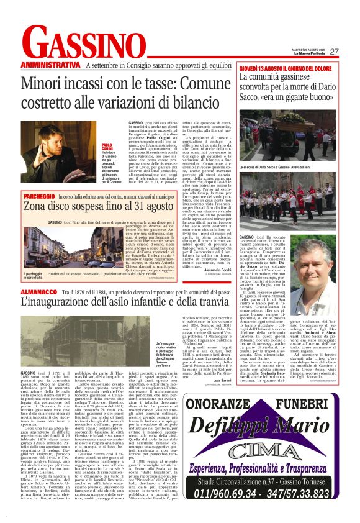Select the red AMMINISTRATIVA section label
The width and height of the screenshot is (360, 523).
click(x=51, y=65)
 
